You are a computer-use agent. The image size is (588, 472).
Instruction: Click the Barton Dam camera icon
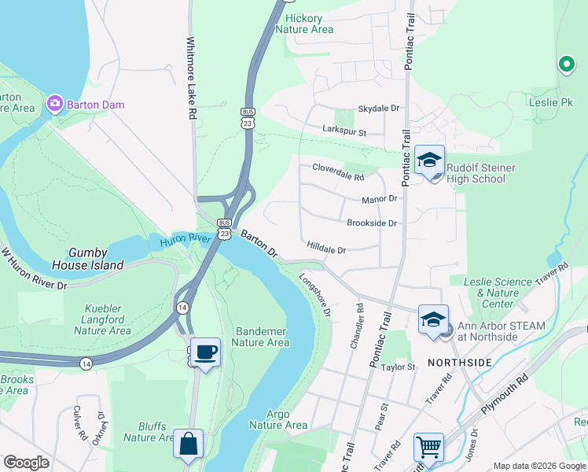click(54, 104)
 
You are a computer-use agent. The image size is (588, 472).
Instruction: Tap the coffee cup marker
click(205, 352)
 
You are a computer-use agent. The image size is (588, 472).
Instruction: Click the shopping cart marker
click(428, 447)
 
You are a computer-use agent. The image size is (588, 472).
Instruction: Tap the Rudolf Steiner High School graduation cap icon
click(429, 160)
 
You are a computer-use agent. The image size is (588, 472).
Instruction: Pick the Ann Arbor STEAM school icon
click(433, 319)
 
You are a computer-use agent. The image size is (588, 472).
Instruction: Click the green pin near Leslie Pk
click(565, 65)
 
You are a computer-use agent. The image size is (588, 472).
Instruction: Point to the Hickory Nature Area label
click(304, 24)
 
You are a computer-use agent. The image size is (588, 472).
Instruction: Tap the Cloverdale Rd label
click(338, 168)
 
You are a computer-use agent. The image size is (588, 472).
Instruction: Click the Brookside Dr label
click(372, 223)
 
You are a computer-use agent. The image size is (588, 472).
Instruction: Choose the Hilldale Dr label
click(326, 249)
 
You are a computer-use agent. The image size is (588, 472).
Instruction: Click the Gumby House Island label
click(86, 259)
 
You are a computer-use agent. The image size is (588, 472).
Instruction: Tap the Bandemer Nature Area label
click(261, 337)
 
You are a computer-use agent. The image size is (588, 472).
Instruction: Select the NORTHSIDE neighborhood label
click(459, 362)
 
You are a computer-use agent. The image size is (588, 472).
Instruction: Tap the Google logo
click(26, 463)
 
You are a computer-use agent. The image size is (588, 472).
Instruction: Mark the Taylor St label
click(398, 367)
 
